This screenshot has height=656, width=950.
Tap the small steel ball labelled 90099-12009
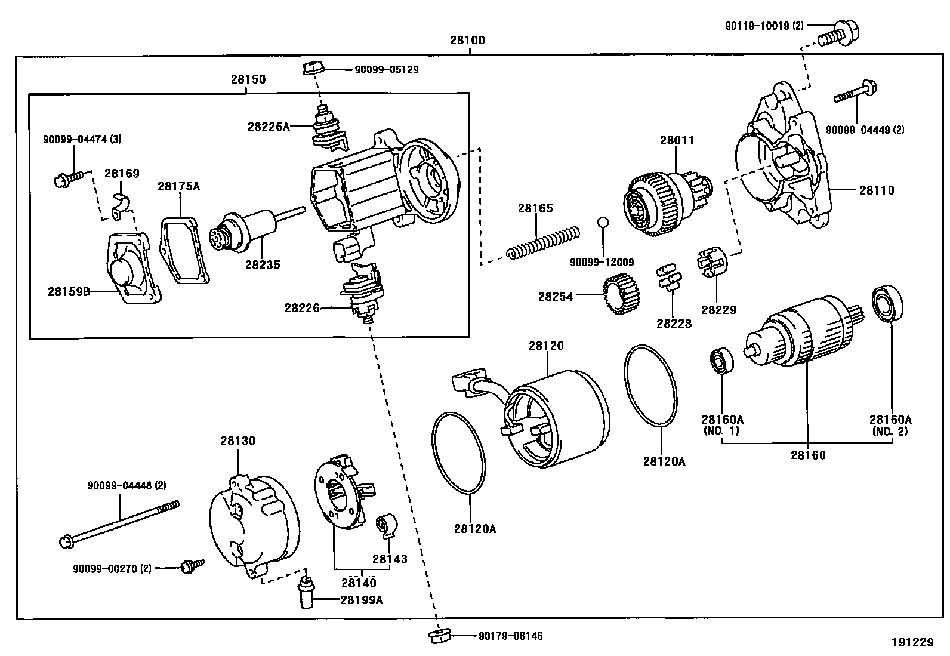(x=603, y=223)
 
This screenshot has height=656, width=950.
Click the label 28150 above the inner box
(x=248, y=79)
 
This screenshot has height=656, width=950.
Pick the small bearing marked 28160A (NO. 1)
(x=721, y=362)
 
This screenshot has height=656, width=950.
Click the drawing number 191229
(x=912, y=642)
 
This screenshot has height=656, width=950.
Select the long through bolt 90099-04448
(x=119, y=523)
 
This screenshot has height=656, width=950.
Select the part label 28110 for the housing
(x=877, y=190)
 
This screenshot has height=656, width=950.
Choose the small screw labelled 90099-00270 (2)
(x=193, y=565)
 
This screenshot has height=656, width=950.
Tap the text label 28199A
(x=361, y=599)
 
